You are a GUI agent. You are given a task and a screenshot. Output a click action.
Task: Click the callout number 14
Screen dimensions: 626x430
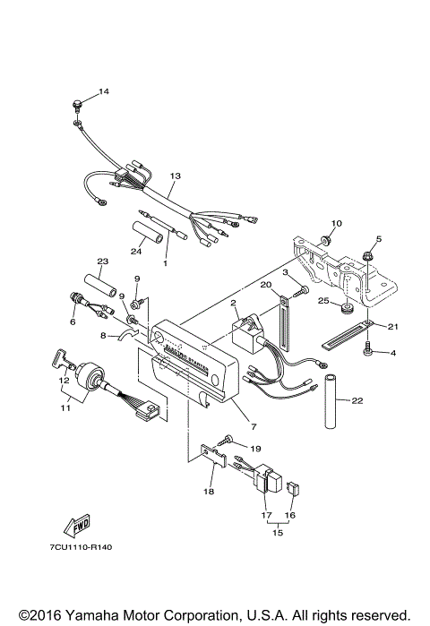[103, 92]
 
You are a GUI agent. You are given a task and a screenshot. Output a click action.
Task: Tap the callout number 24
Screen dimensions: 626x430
[138, 250]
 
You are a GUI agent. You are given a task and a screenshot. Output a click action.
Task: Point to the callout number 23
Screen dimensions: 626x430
[102, 262]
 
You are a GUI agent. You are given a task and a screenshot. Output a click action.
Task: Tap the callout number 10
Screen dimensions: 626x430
[337, 223]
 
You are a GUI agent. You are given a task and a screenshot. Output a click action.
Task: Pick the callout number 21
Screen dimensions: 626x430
[391, 327]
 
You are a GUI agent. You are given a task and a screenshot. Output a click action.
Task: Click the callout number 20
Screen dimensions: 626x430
[265, 285]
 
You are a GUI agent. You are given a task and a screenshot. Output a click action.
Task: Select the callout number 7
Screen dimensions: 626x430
[254, 427]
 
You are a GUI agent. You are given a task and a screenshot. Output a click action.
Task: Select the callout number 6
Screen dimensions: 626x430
[73, 322]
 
